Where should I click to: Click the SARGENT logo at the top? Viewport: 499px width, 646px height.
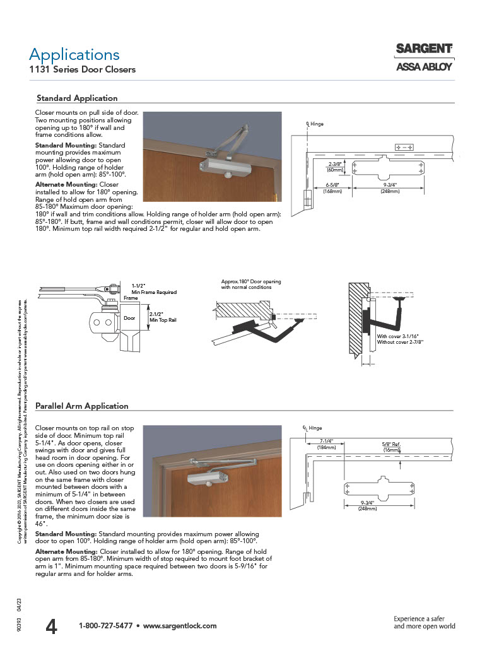point(424,49)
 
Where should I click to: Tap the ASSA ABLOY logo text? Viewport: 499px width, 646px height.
point(424,67)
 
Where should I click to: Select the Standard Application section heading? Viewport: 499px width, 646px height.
point(77,98)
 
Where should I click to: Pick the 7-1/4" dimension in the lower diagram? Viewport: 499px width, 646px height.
point(326,440)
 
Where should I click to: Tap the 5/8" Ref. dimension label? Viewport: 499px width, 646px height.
point(391,445)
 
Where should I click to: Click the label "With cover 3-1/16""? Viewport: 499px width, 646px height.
point(400,336)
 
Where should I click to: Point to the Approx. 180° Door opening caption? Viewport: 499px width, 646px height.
point(250,284)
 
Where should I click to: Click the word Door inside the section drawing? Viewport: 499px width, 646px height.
point(129,319)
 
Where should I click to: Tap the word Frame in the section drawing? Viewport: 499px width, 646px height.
point(131,297)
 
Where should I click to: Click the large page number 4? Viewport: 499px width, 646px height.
point(52,626)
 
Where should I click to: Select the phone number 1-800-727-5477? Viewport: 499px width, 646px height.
point(105,626)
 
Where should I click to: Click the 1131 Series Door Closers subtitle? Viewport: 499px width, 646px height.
point(82,69)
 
